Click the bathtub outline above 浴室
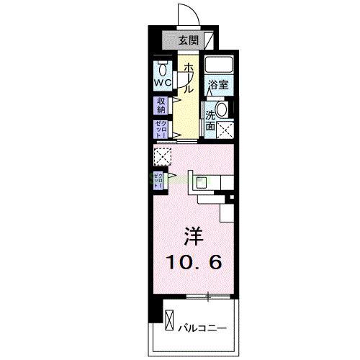pos(217,65)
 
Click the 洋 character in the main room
pos(192,237)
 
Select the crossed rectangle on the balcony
pos(170,320)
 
